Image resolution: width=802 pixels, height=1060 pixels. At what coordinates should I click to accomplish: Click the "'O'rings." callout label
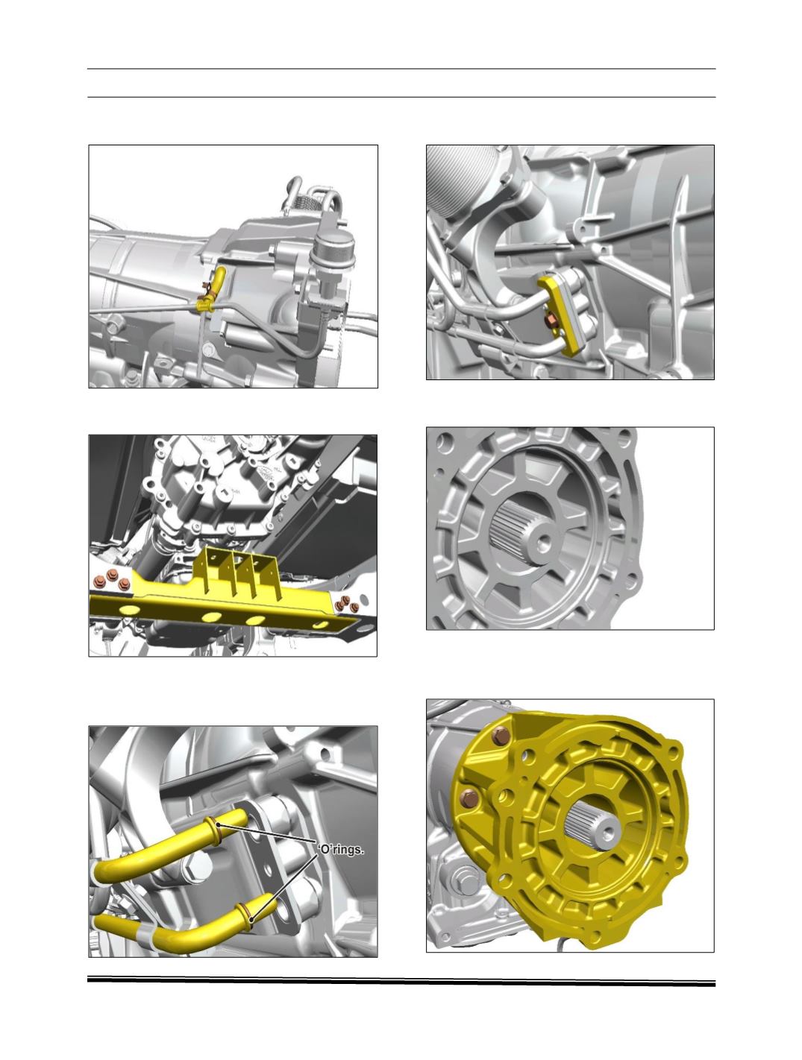pyautogui.click(x=339, y=849)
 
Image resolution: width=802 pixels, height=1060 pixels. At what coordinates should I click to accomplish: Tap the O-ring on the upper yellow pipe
pyautogui.click(x=215, y=830)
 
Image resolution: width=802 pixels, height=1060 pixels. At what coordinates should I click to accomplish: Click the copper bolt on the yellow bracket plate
pyautogui.click(x=551, y=320)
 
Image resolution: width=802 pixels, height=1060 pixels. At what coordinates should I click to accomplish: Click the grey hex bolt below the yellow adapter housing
pyautogui.click(x=460, y=877)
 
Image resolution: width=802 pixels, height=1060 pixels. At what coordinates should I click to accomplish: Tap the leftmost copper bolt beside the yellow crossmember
pyautogui.click(x=100, y=581)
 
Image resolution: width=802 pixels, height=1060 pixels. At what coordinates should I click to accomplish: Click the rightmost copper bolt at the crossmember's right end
pyautogui.click(x=354, y=607)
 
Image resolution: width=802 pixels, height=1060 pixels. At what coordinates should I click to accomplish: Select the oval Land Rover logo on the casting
pyautogui.click(x=263, y=473)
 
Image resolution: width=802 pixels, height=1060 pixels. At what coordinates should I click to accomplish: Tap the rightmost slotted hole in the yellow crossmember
pyautogui.click(x=319, y=625)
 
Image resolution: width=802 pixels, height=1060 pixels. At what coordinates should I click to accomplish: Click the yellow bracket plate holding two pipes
pyautogui.click(x=565, y=314)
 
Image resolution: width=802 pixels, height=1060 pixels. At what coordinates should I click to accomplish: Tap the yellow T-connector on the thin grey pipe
pyautogui.click(x=204, y=305)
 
